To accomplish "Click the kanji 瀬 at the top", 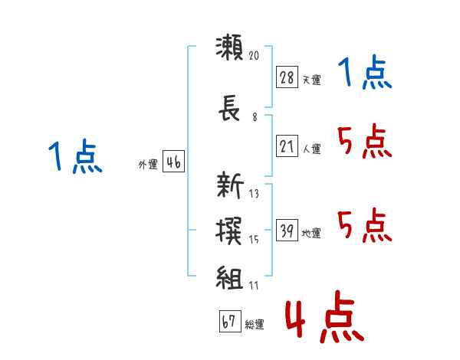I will pos(230,48).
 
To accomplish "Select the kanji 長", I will pos(230,112).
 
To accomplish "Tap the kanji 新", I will pos(230,185).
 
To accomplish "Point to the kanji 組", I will pos(230,278).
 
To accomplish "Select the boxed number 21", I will pos(287,146).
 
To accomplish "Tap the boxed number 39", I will pos(287,230).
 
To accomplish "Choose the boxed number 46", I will pos(173,162).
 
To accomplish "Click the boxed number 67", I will pos(228,321).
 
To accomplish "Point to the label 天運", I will pos(311,80).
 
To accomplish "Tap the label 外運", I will pos(147,165).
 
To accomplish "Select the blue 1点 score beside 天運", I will pos(364,74).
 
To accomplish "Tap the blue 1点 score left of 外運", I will pos(74,157).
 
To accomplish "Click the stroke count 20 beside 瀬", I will pos(255,55).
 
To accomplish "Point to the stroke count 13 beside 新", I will pos(255,193).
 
